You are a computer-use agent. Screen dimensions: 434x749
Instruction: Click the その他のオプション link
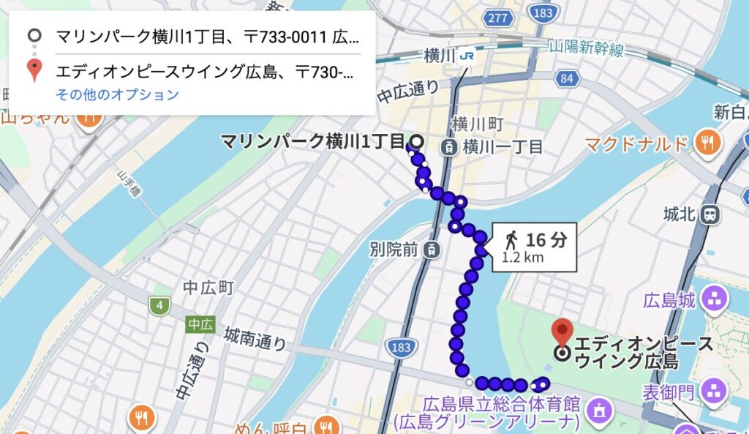(x=117, y=94)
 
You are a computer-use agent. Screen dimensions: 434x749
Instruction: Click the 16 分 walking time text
(x=546, y=239)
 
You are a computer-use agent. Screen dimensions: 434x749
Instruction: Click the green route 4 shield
(x=159, y=304)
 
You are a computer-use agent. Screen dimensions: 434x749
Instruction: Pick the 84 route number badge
(x=564, y=78)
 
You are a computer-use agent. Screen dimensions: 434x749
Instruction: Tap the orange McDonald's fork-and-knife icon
(x=707, y=143)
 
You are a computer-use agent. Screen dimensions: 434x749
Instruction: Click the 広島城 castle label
(x=668, y=299)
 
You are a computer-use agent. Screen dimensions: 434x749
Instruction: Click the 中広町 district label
(x=208, y=288)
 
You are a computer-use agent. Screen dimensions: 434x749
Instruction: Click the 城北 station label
(x=678, y=214)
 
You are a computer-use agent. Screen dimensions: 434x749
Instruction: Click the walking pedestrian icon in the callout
(x=511, y=239)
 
